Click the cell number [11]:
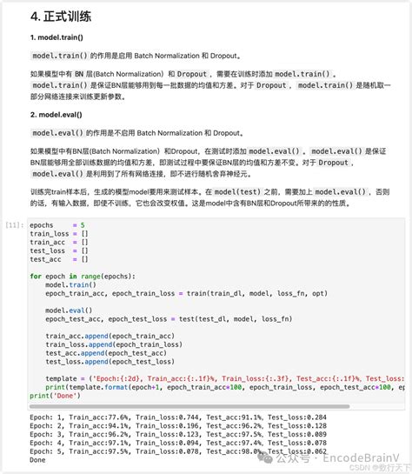(13, 224)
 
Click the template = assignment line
(217, 378)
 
